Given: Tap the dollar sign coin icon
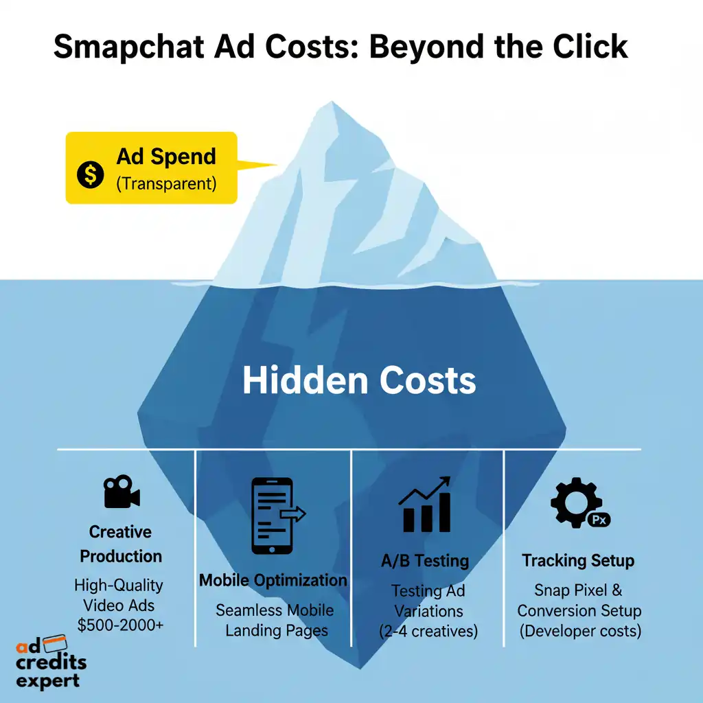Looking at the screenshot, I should tap(90, 174).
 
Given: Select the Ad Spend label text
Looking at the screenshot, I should tap(166, 157).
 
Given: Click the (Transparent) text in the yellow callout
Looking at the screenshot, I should tap(166, 183).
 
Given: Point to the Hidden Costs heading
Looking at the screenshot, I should tap(359, 380).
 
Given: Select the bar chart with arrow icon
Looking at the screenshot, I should tap(426, 505).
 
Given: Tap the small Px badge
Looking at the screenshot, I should tap(599, 520).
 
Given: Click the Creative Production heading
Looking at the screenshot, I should tap(121, 544).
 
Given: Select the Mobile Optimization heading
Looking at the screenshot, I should tap(273, 580).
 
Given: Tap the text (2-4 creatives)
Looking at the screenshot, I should tap(428, 631).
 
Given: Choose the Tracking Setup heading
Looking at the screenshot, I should tap(578, 561).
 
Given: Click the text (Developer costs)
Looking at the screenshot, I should tap(579, 631).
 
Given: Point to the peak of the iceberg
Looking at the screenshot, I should tap(333, 105).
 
